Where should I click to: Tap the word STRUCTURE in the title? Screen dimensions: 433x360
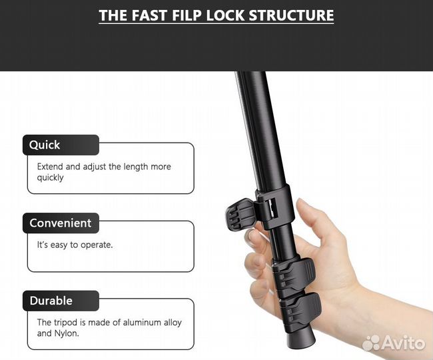click(x=291, y=15)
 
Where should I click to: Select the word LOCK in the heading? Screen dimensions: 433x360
click(x=225, y=15)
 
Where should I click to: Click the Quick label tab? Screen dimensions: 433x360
click(x=61, y=145)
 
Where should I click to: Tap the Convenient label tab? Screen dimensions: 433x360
click(x=61, y=223)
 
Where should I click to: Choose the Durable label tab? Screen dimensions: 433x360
click(x=61, y=301)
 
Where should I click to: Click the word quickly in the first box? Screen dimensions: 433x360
click(x=50, y=177)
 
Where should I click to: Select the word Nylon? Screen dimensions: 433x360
click(x=67, y=333)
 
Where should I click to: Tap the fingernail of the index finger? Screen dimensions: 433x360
click(x=252, y=235)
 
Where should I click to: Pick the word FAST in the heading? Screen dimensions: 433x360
click(x=150, y=15)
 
